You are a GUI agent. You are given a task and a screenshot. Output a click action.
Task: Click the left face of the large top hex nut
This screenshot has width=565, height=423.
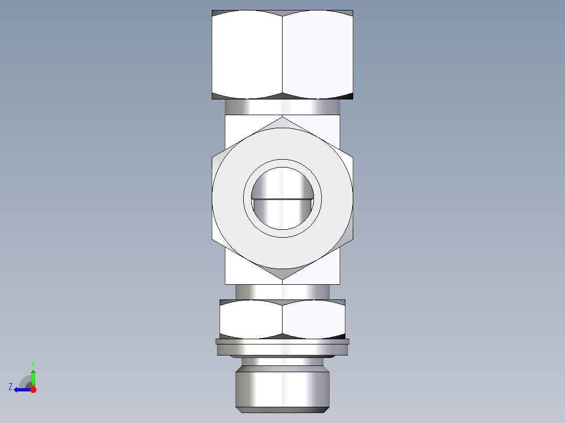[247, 55]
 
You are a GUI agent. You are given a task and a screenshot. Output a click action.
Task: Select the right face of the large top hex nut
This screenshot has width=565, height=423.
[318, 55]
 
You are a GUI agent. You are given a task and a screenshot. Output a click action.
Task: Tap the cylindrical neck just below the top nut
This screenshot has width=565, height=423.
[282, 107]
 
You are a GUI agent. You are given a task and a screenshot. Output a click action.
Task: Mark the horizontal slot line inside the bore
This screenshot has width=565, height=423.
[282, 199]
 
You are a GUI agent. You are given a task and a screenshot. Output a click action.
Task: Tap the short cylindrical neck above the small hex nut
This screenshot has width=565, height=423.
[282, 292]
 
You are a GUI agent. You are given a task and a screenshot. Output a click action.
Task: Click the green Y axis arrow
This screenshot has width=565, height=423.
[33, 376]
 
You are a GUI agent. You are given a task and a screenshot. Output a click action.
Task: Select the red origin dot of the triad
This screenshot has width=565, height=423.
[33, 389]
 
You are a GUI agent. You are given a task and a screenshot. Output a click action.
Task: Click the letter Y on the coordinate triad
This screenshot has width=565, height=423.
[32, 363]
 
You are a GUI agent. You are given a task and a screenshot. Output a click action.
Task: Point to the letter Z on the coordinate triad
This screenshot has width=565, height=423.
[10, 387]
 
